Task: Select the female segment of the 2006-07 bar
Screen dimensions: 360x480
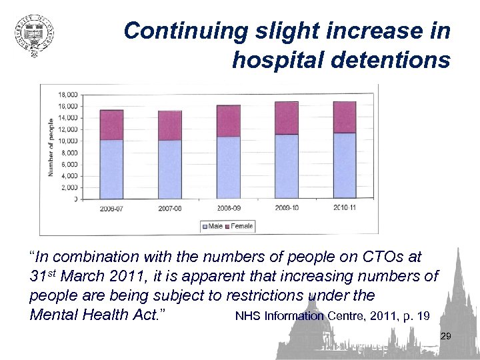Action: pyautogui.click(x=111, y=125)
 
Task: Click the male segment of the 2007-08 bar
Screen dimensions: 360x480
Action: pyautogui.click(x=170, y=169)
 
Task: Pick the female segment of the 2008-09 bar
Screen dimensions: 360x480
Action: pyautogui.click(x=228, y=121)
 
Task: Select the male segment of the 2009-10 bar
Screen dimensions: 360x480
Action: pyautogui.click(x=286, y=167)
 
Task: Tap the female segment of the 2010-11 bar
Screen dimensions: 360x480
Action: pyautogui.click(x=345, y=117)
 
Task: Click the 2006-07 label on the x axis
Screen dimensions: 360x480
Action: pyautogui.click(x=111, y=208)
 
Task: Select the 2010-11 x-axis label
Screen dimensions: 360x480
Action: pyautogui.click(x=345, y=208)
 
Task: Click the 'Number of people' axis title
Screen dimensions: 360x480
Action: pyautogui.click(x=51, y=147)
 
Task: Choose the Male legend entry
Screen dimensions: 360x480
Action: pyautogui.click(x=214, y=227)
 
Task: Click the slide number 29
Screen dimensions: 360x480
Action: pyautogui.click(x=446, y=337)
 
